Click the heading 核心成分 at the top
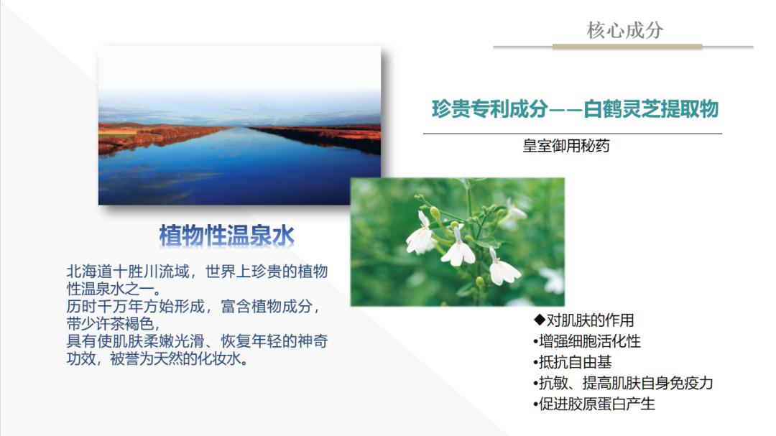coord(624,30)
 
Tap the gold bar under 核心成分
coord(627,47)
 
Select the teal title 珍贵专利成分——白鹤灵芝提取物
coord(574,110)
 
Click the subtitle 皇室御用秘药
coord(566,146)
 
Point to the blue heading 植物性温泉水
coord(226,235)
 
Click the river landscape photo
coord(239,126)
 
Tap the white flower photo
coord(457,242)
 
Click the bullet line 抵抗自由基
coord(573,362)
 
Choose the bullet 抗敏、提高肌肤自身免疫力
coord(623,383)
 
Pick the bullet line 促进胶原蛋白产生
coord(594,404)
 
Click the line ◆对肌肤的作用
coord(583,320)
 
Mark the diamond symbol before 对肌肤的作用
coord(539,320)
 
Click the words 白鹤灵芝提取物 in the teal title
coord(651,110)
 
